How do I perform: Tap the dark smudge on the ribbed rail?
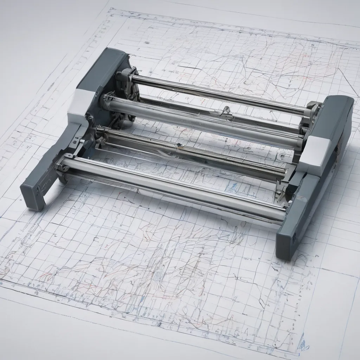coord(180,145)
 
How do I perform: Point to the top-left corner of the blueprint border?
coord(111,10)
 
